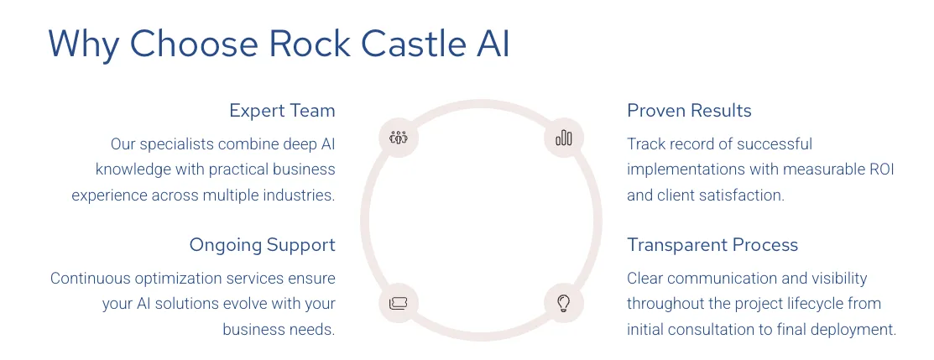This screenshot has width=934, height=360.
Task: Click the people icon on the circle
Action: (399, 137)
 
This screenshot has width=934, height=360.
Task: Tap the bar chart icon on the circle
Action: (564, 137)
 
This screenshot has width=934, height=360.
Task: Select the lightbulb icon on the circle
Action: (564, 302)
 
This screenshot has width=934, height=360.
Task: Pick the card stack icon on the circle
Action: (399, 302)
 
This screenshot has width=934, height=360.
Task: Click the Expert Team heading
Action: (282, 111)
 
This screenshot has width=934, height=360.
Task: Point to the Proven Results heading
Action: (689, 111)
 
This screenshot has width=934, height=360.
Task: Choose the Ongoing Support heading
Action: (262, 245)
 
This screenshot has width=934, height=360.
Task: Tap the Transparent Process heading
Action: (712, 245)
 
